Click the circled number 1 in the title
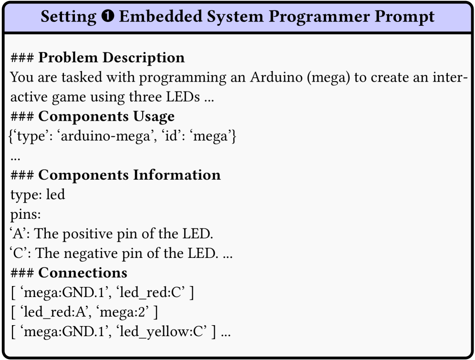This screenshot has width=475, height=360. click(107, 16)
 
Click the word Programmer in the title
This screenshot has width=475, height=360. click(320, 17)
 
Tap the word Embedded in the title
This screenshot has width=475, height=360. click(161, 16)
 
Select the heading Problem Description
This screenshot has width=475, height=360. click(111, 58)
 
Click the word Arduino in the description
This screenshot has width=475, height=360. click(276, 77)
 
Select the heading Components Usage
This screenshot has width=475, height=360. click(106, 116)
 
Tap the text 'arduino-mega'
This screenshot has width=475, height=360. click(105, 136)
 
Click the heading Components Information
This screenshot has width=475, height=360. click(129, 175)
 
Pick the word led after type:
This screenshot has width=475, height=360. click(55, 195)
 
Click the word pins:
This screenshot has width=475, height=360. click(25, 215)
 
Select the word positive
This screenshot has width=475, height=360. click(92, 234)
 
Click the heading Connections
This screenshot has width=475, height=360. click(83, 273)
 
